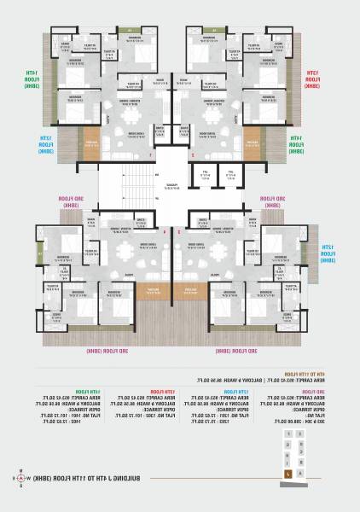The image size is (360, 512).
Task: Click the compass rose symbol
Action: tap(17, 477)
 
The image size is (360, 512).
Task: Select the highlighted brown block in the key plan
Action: tap(288, 472)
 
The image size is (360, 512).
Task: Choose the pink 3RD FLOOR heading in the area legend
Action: tap(316, 391)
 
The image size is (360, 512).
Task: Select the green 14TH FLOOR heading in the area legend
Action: tap(89, 391)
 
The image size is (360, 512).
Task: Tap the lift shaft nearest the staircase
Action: tap(204, 177)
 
